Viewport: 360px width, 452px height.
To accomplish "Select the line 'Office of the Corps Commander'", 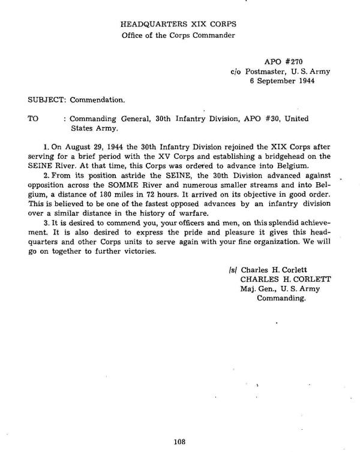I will pyautogui.click(x=178, y=35).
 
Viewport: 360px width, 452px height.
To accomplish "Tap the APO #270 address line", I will pyautogui.click(x=280, y=62).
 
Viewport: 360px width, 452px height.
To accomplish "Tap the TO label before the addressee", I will pyautogui.click(x=33, y=119).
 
